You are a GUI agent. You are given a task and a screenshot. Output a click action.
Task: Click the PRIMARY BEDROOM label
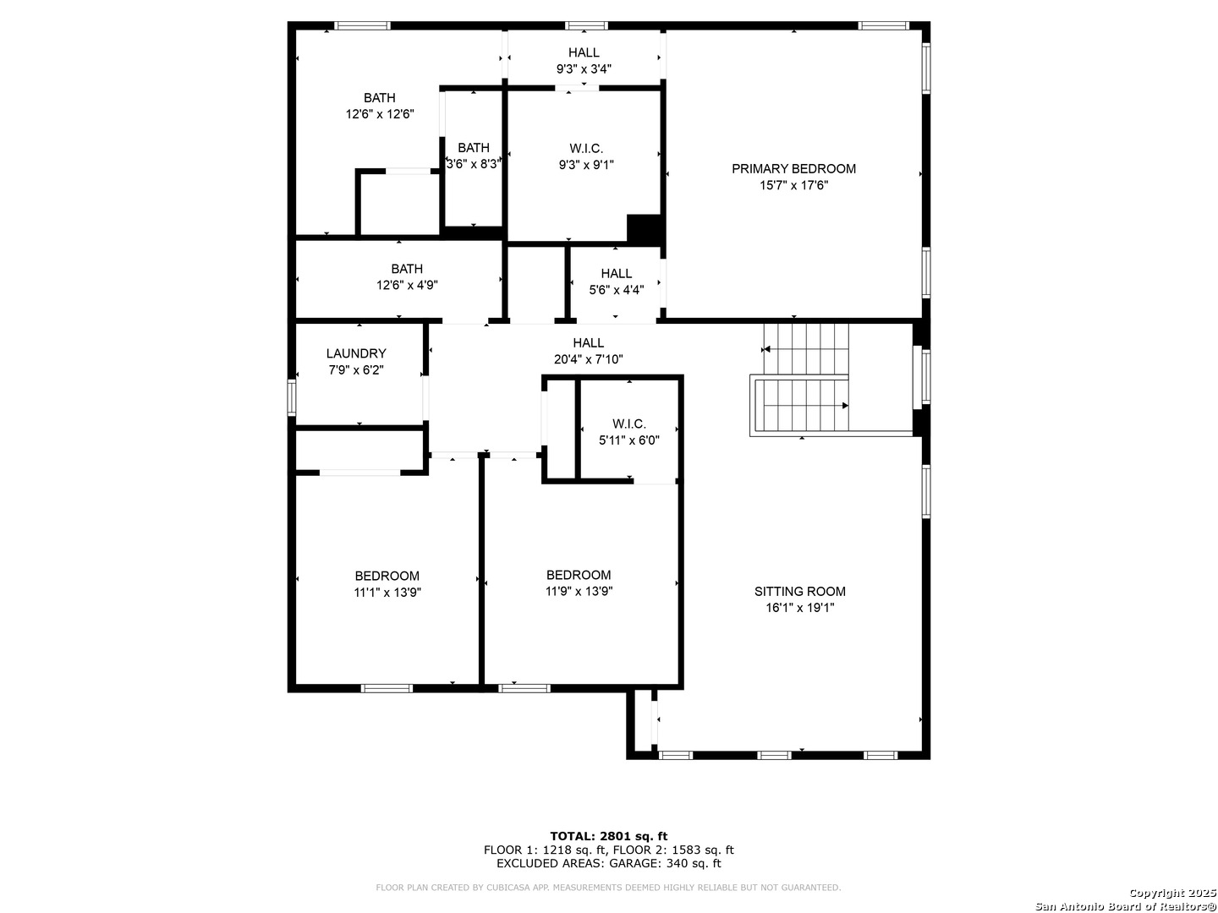[x=793, y=168]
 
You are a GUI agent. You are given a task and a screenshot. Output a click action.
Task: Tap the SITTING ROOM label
[x=799, y=592]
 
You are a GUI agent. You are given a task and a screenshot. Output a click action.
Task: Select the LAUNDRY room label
[x=356, y=353]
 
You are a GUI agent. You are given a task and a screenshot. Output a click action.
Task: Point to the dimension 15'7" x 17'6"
[x=793, y=185]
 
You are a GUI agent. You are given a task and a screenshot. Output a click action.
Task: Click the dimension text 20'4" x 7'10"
[x=588, y=359]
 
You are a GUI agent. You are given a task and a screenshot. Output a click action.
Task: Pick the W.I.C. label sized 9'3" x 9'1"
[x=586, y=149]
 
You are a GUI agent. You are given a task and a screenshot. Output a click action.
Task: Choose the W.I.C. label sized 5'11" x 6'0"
[x=628, y=424]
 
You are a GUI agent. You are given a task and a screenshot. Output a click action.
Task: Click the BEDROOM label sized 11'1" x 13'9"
[x=387, y=576]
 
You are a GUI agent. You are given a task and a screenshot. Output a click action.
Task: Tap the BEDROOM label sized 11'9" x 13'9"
[x=579, y=575]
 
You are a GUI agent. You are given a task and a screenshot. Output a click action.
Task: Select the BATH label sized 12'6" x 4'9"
[x=407, y=269]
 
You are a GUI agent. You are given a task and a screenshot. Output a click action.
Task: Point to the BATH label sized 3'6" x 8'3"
[x=474, y=148]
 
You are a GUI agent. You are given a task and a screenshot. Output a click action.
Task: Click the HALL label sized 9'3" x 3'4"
[x=584, y=52]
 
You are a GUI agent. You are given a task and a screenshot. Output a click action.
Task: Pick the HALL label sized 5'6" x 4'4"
[x=616, y=273]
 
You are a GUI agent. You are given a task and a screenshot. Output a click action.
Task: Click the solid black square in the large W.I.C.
[x=644, y=229]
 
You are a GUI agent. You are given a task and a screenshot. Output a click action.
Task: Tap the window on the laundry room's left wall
[x=291, y=397]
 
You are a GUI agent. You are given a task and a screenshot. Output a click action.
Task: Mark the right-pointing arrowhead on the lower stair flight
[x=845, y=406]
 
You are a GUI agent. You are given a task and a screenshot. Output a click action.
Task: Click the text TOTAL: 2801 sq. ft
[x=608, y=837]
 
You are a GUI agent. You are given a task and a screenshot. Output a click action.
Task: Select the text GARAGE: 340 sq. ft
[x=665, y=863]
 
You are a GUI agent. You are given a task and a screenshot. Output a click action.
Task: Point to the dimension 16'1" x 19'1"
[x=799, y=608]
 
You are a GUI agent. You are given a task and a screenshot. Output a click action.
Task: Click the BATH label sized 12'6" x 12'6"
[x=380, y=98]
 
